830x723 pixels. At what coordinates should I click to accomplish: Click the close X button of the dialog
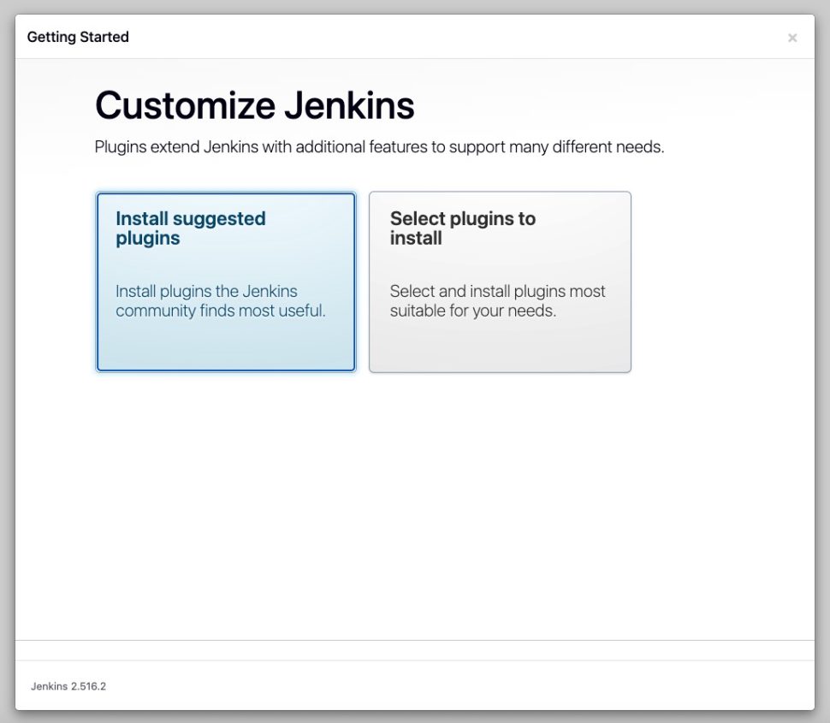tap(791, 38)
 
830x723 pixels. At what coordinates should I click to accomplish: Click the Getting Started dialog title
tap(78, 37)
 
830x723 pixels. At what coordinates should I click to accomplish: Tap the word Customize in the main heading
tap(186, 105)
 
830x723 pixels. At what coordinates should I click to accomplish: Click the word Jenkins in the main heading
tap(349, 105)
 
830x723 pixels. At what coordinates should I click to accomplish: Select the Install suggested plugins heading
tap(191, 228)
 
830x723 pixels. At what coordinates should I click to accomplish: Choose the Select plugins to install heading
tap(463, 228)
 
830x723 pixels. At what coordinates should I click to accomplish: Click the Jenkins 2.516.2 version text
tap(68, 686)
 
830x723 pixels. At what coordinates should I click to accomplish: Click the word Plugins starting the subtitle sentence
tap(120, 146)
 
